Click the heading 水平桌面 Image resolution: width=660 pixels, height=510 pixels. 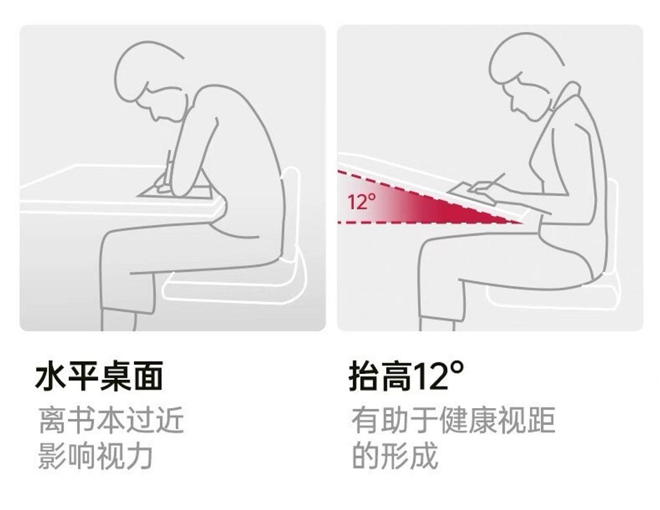click(x=99, y=376)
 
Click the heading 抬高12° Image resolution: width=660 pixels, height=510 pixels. click(x=407, y=376)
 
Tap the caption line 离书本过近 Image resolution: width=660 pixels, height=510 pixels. click(x=112, y=420)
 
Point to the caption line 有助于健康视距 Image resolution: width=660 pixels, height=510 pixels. click(x=453, y=420)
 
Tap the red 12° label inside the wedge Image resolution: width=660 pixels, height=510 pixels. click(x=362, y=201)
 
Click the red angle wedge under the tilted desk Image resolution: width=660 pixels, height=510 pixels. click(x=429, y=198)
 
